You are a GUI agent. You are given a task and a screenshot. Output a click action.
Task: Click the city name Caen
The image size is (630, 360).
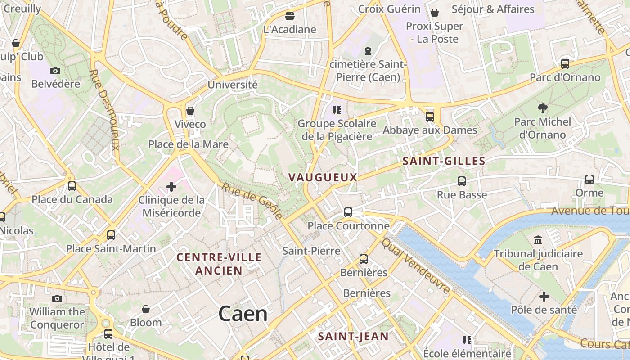(243, 314)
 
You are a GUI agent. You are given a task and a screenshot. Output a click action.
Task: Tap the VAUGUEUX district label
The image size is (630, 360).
(323, 177)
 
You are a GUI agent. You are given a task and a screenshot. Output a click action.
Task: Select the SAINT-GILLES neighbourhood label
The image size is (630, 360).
(444, 161)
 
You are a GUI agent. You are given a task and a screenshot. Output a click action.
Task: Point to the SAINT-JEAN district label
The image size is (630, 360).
(353, 336)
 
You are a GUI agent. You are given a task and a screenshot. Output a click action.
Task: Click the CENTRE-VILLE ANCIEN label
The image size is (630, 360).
(219, 264)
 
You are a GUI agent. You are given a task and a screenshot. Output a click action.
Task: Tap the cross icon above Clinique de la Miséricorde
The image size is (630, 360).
(171, 186)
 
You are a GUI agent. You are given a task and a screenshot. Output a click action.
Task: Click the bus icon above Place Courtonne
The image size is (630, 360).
(348, 212)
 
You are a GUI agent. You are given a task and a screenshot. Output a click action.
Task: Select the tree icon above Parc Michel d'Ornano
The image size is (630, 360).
(542, 108)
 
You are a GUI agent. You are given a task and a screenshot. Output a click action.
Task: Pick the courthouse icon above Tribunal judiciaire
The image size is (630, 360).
(538, 240)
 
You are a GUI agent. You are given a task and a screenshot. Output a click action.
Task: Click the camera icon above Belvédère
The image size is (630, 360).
(55, 71)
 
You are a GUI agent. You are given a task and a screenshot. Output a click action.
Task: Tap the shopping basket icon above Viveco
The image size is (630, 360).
(190, 111)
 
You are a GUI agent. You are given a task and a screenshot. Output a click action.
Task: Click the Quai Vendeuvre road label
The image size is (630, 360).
(416, 266)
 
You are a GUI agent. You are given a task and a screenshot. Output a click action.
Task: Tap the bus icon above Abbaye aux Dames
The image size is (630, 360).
(429, 117)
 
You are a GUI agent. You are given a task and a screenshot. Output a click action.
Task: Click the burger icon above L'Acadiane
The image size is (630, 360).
(290, 16)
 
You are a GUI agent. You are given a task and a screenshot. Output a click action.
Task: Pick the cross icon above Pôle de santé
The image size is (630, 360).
(544, 296)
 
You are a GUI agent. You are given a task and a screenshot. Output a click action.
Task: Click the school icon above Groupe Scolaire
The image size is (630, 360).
(337, 110)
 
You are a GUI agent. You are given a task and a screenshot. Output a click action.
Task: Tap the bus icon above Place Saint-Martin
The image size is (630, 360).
(111, 235)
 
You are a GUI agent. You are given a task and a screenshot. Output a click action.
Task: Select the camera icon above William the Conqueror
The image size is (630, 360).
(57, 298)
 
